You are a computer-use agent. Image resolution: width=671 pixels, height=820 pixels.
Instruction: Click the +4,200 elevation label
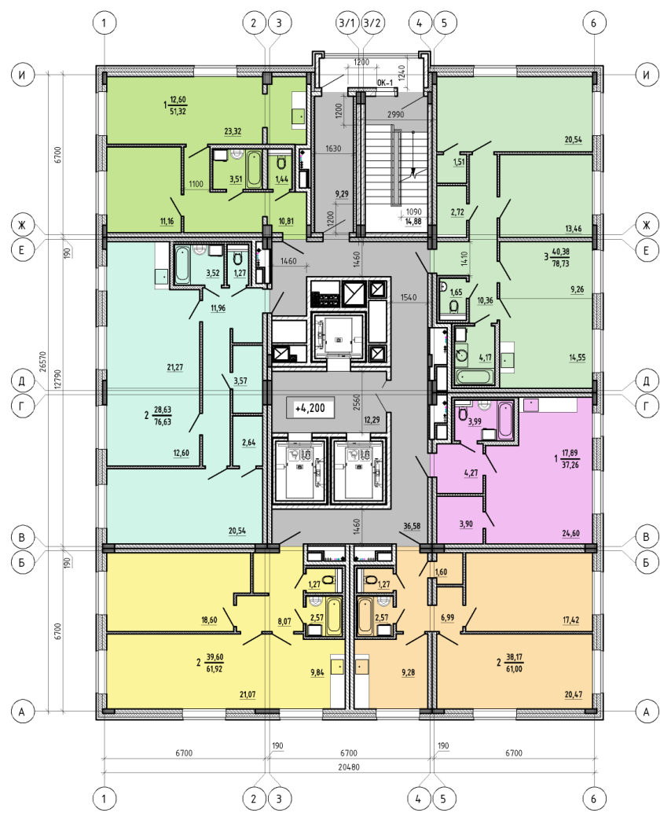point(310,408)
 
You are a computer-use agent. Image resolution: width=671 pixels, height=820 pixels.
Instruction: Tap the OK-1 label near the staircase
point(385,83)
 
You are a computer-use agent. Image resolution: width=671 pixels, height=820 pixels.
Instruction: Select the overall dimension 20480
point(349,767)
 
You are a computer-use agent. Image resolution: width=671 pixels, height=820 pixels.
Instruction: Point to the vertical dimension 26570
point(43,362)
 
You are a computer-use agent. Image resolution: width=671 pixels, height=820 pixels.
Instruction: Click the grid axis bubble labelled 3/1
point(347,23)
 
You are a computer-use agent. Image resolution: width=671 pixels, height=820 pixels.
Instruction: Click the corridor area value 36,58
point(412,526)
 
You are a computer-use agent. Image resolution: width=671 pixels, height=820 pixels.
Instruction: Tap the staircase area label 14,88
point(413,221)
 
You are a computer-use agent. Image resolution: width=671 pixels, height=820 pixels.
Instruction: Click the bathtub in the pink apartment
point(505,420)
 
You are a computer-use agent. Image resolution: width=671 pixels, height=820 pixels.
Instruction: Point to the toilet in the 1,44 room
point(281,162)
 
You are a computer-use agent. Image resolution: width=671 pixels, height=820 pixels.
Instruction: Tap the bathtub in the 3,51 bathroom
point(254,168)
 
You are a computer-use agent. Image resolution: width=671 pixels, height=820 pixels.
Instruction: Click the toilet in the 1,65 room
point(454,306)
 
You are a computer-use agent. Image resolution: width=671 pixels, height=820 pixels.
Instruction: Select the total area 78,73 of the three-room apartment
point(561,264)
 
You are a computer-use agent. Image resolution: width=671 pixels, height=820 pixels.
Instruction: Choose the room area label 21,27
point(175,368)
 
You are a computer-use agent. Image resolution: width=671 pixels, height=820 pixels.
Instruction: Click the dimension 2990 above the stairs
point(395,115)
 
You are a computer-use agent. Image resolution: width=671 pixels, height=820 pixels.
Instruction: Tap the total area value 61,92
point(214,669)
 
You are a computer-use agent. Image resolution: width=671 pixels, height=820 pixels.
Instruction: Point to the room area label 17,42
point(571,620)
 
